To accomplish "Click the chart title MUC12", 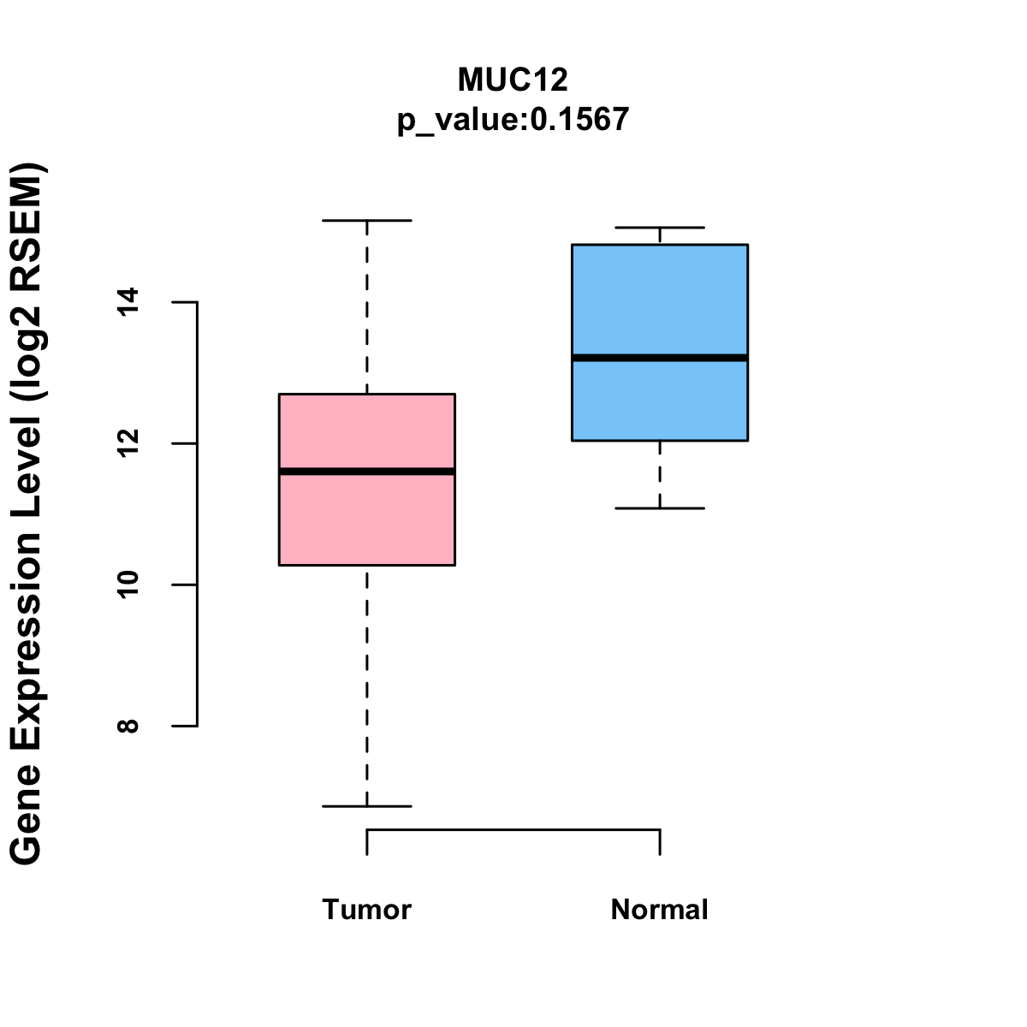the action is pos(513,80).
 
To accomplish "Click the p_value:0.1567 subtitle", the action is pos(513,119).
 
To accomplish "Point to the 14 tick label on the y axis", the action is pos(128,302).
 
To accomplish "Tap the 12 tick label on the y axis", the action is pos(128,443).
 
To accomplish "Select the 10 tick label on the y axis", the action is pos(128,585).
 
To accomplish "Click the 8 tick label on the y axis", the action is pos(128,726).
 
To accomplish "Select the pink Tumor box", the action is pos(367,479).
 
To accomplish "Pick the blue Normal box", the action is pos(660,342).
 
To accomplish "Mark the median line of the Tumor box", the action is pos(367,472).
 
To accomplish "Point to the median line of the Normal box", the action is pos(660,358).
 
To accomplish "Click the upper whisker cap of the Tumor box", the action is pos(367,220).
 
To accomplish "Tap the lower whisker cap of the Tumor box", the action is pos(367,806).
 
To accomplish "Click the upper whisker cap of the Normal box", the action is pos(660,228).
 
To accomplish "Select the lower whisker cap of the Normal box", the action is pos(660,508).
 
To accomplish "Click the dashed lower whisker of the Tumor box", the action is pos(367,686).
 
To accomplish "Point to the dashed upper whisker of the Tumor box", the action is pos(367,307).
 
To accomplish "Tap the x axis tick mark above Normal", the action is pos(660,843).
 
